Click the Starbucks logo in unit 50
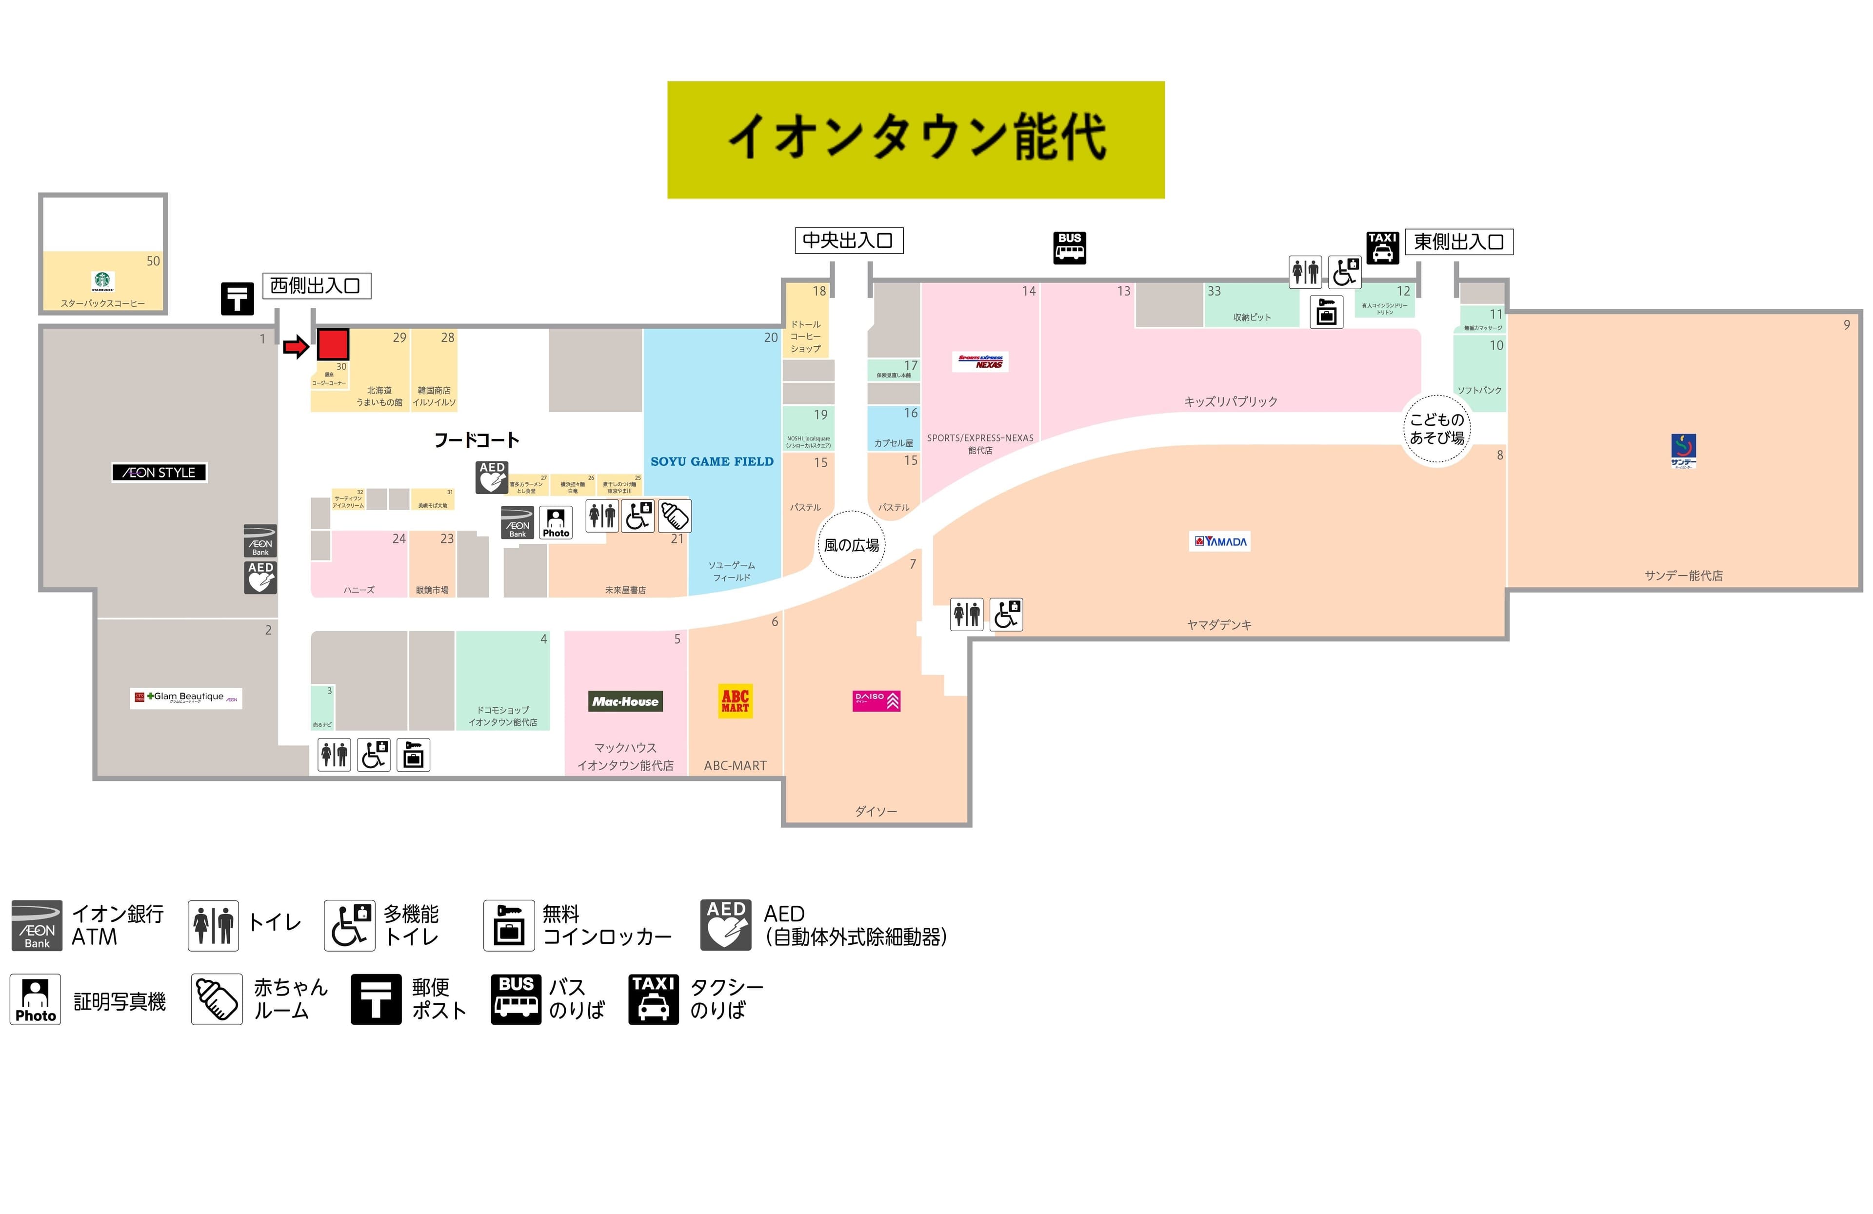point(103,281)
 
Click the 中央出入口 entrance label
point(848,240)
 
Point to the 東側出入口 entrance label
point(1458,241)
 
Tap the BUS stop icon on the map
point(1070,247)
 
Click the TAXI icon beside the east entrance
point(1382,247)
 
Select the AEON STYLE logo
point(159,472)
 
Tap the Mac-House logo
point(626,701)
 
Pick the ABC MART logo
point(735,700)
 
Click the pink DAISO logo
point(876,700)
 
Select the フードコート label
point(477,440)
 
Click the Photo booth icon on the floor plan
point(556,521)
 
